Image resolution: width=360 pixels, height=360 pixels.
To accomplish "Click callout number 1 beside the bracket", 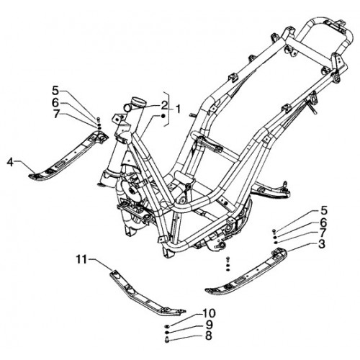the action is coord(177,109).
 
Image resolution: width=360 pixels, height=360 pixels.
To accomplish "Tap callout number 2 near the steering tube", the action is coord(164,105).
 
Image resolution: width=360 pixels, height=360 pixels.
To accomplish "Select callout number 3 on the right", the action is coord(322,244).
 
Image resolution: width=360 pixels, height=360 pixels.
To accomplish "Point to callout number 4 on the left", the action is coord(10,162).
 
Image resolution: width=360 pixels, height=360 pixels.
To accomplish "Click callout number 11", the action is coord(81,259).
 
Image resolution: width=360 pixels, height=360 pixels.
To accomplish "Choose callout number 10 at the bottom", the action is coord(209,313).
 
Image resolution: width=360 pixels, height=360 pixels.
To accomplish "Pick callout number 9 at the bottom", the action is coord(209,325).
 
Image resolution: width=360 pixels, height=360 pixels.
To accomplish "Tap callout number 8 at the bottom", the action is coord(209,336).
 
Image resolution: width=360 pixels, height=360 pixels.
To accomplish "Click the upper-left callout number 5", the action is coord(55,91).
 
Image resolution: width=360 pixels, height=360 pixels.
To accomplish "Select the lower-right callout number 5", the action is coord(323,211).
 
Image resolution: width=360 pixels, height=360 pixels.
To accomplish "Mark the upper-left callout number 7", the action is coord(55,114).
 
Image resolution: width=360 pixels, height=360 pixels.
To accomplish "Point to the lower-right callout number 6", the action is coord(323,222).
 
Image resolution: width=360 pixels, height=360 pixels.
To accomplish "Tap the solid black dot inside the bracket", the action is coord(163,116).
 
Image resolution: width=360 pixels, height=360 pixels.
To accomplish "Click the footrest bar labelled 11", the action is coord(147,293).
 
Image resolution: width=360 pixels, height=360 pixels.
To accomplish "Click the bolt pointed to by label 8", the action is coord(167,340).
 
